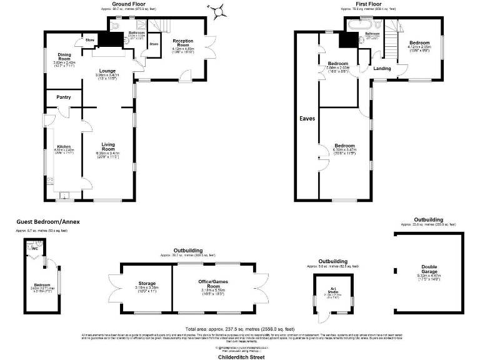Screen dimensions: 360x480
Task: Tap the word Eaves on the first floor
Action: tap(306, 118)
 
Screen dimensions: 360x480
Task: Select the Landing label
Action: tap(382, 69)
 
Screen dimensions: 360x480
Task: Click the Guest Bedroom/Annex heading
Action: tap(47, 222)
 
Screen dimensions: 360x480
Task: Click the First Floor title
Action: tap(368, 4)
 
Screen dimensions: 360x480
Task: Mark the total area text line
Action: tap(240, 329)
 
